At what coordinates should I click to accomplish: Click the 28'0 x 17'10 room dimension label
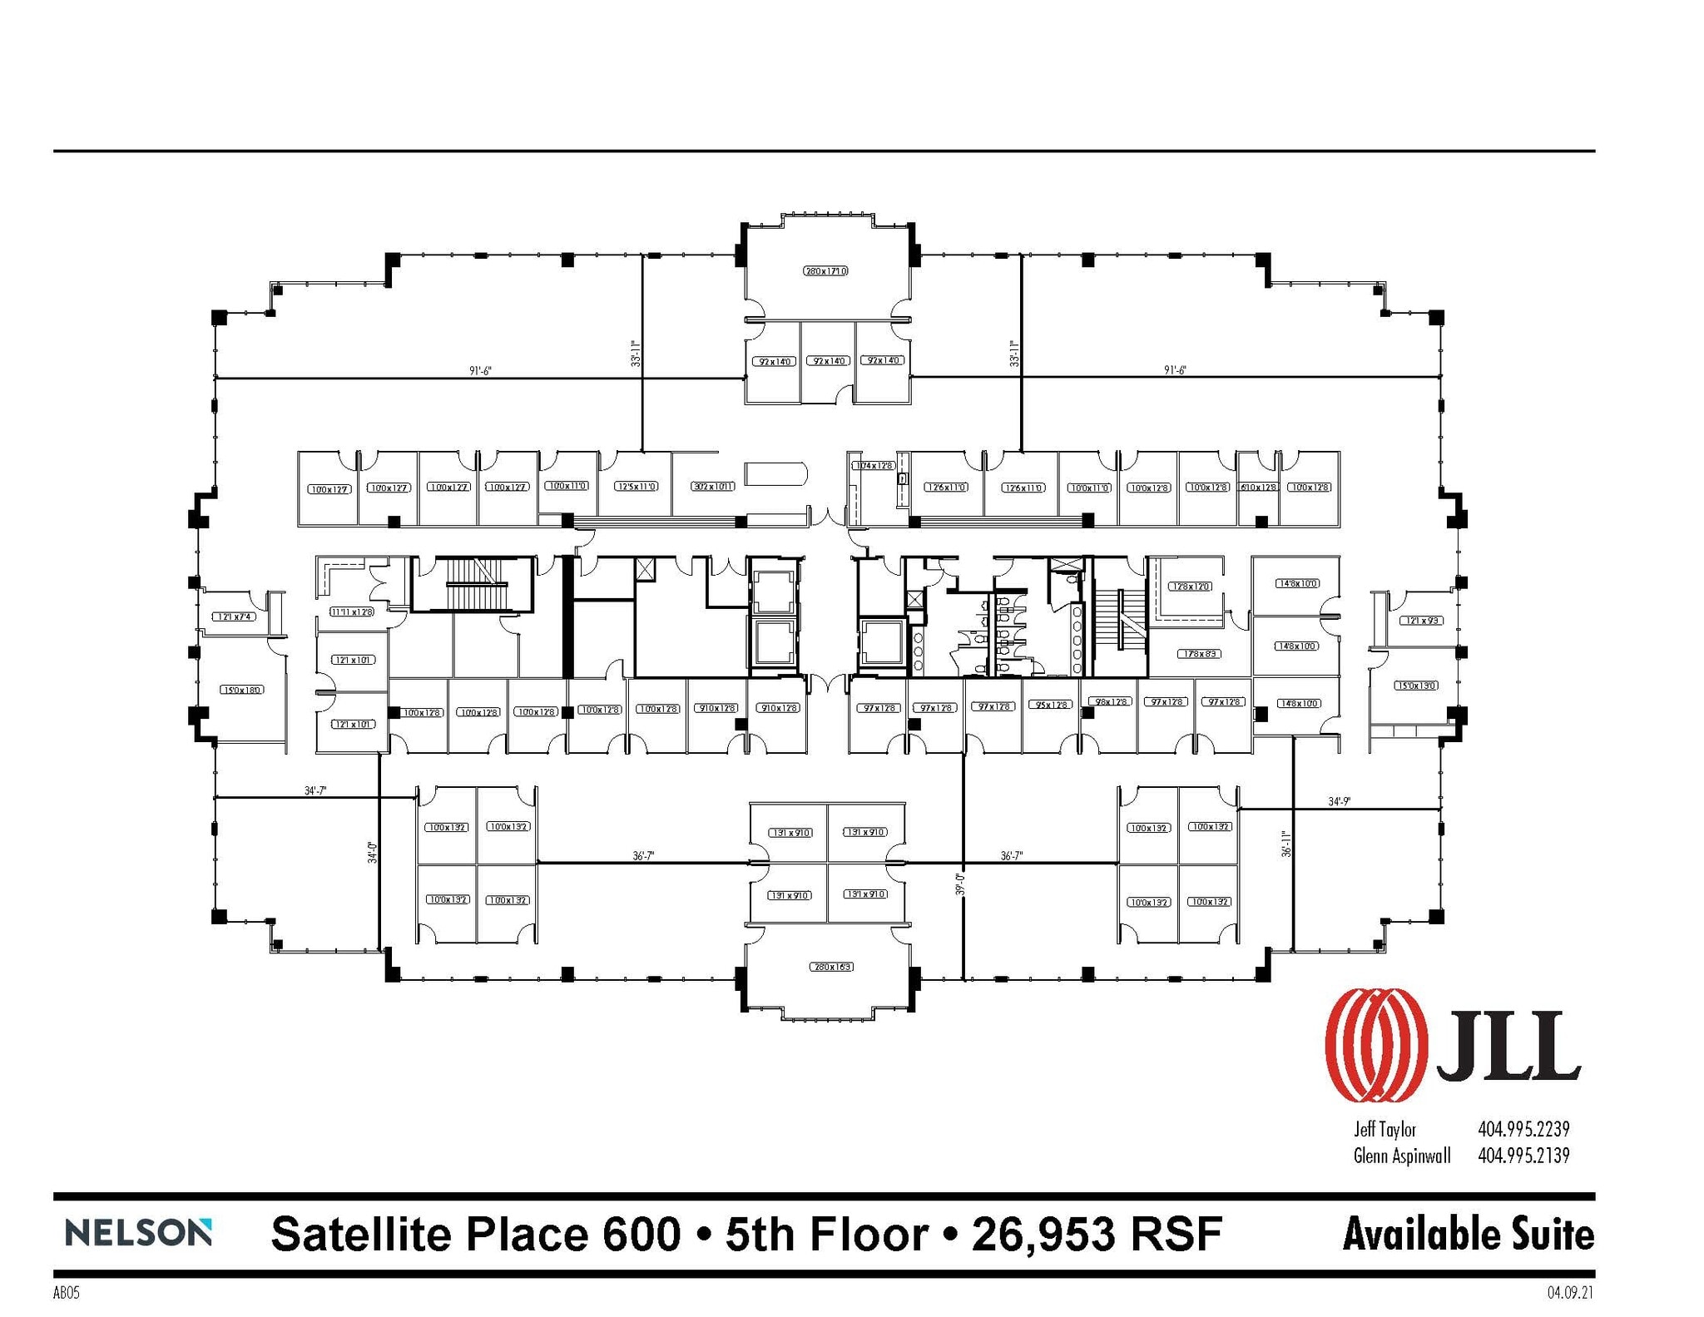[825, 271]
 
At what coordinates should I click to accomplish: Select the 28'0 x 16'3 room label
[831, 967]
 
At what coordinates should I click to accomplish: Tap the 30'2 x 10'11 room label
[714, 486]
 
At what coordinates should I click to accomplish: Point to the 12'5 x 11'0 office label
[636, 486]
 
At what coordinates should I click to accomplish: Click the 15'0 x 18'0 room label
[241, 690]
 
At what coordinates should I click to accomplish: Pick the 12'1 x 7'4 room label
[233, 616]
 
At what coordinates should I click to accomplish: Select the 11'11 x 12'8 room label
[351, 611]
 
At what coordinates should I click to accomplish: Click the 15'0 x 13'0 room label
[1415, 686]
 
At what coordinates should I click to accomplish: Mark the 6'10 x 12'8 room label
[1257, 488]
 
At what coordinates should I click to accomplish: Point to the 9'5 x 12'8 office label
[1051, 705]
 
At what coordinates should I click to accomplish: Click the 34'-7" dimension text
[315, 791]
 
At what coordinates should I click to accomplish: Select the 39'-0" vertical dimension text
[959, 884]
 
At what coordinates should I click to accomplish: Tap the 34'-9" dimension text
[1339, 802]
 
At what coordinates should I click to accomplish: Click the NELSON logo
[138, 1233]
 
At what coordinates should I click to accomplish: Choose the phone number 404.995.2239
[1523, 1129]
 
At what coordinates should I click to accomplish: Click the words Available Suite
[1468, 1234]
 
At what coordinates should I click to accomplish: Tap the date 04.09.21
[1571, 1294]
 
